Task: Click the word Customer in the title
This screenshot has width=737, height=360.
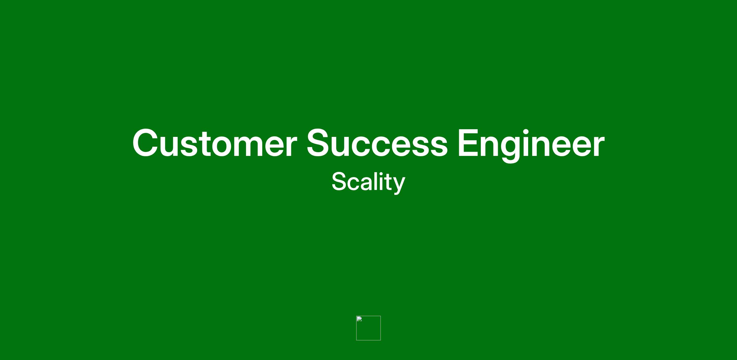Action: pos(215,143)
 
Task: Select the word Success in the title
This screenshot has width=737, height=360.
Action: pos(377,143)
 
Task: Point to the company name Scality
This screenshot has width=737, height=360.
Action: pos(368,183)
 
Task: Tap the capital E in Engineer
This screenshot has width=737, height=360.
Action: pos(469,143)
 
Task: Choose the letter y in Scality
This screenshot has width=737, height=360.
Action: pos(399,186)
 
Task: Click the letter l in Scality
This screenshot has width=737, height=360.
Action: pos(375,181)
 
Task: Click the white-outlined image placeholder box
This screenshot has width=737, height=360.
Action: pos(368,316)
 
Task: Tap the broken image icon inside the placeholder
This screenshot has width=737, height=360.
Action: pos(359,319)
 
